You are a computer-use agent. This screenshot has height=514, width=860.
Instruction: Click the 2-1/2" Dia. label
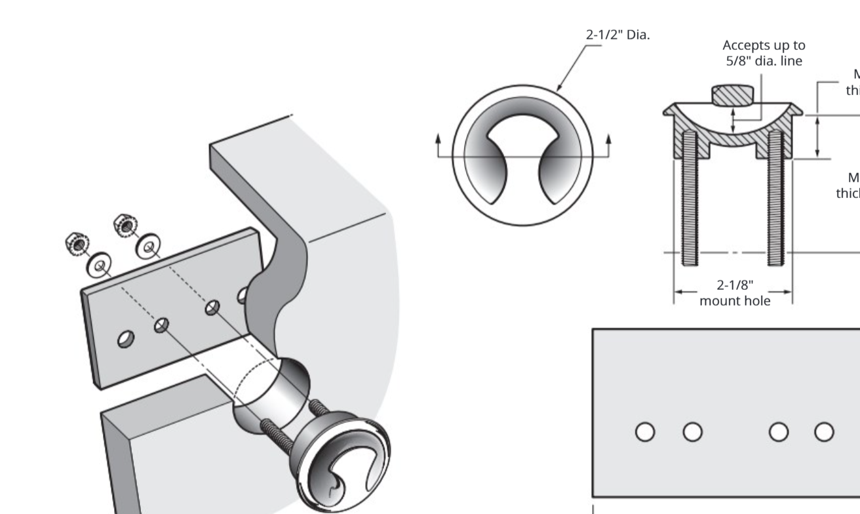point(617,35)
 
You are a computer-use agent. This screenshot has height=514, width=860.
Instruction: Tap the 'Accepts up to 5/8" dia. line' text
point(764,52)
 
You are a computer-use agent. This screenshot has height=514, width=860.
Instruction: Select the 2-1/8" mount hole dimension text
point(735,293)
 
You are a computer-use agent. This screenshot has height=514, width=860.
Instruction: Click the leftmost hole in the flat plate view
point(645,431)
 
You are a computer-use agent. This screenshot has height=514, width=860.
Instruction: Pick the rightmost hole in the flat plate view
point(825,431)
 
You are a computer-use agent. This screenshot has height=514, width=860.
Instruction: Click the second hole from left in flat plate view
point(692,431)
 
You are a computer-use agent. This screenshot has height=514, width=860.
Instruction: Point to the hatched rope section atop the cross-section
point(733,95)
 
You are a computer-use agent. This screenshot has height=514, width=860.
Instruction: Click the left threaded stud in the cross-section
point(688,197)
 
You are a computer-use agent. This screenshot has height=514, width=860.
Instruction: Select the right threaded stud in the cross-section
point(776,197)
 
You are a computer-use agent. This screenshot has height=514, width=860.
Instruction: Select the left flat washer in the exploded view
point(99,266)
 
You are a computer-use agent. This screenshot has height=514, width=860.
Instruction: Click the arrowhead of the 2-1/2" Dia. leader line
point(558,88)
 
